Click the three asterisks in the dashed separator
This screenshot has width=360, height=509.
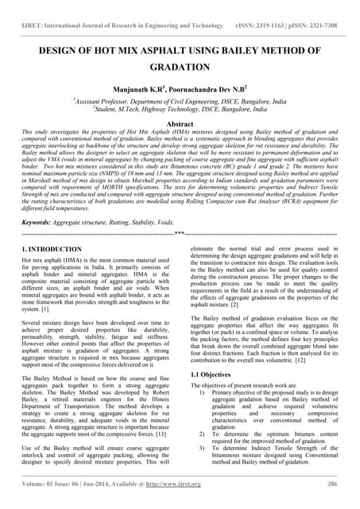click(x=180, y=235)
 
